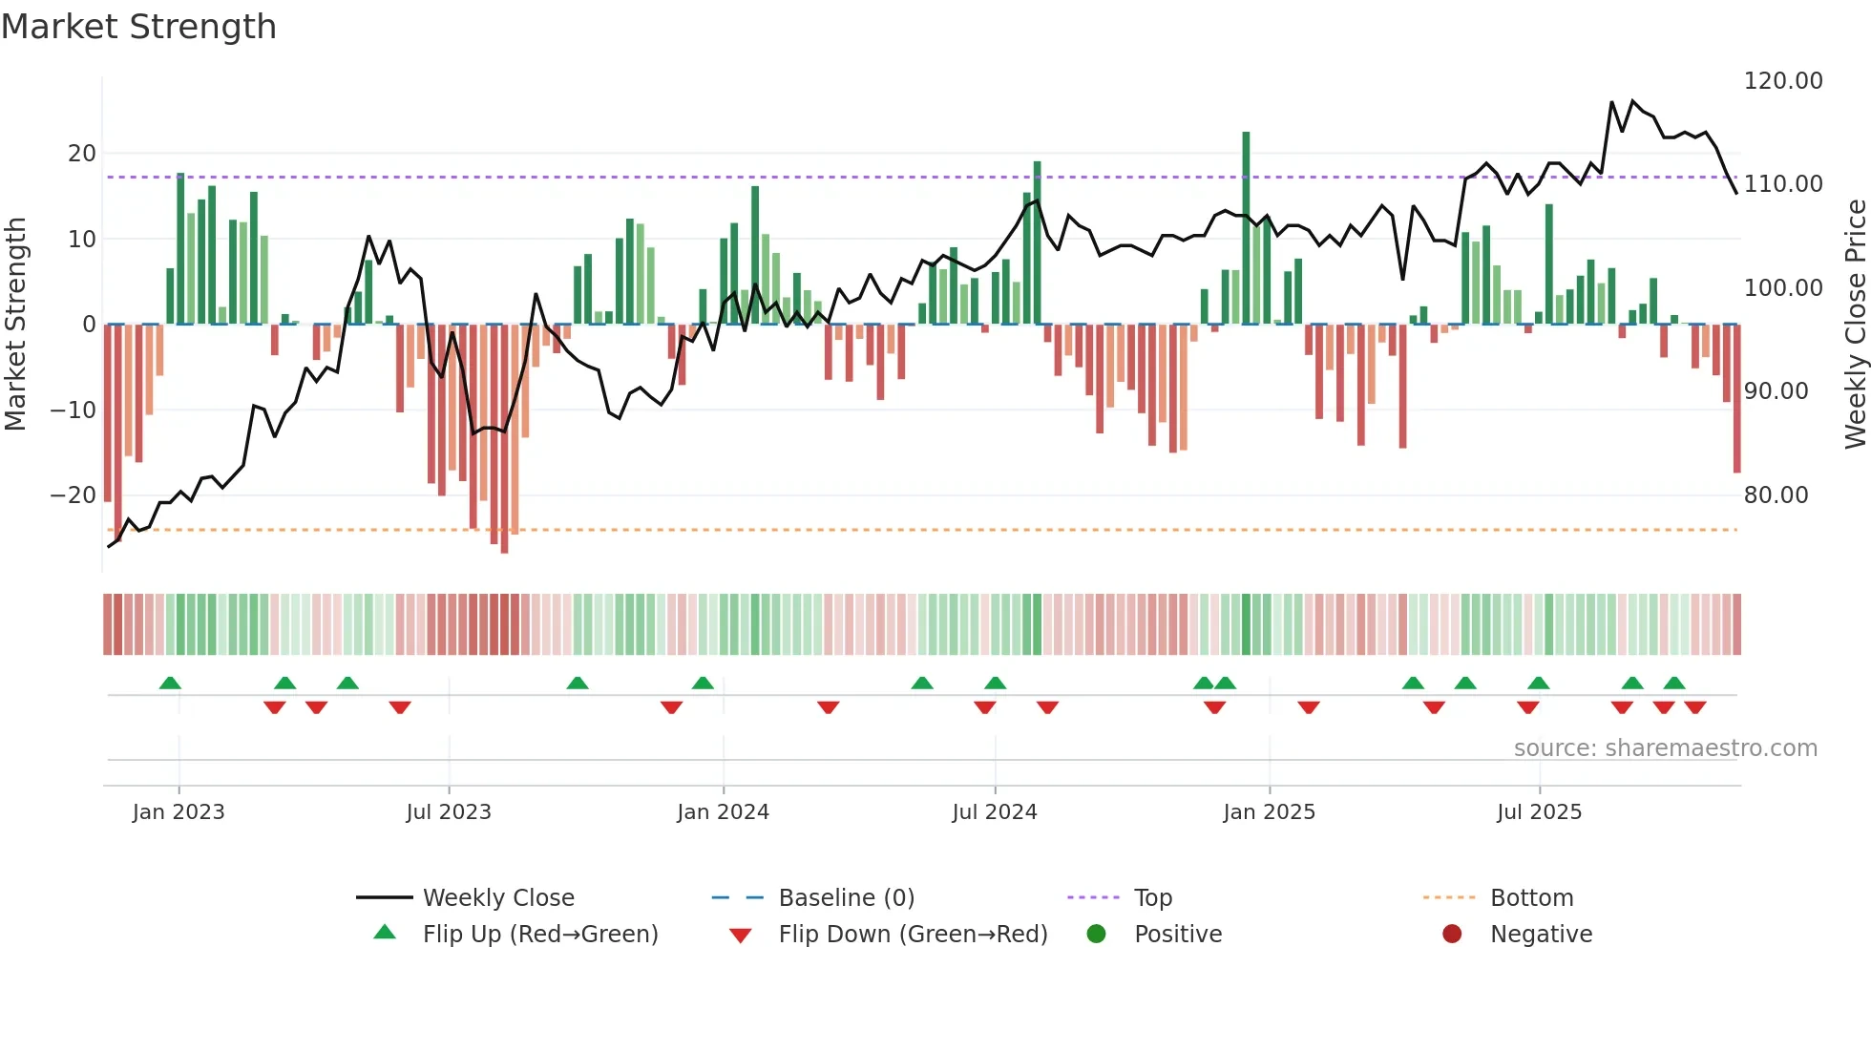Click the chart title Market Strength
(138, 27)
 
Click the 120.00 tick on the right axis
(1782, 81)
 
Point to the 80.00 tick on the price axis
(1776, 494)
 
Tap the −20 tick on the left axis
(74, 494)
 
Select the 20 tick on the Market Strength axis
(82, 153)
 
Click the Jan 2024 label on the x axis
(723, 811)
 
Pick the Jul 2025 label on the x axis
(1539, 811)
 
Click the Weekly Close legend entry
(497, 897)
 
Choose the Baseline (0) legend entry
(846, 897)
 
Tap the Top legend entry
(1152, 897)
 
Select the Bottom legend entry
(1531, 897)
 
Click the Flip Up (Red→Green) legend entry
(539, 934)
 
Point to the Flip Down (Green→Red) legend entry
(912, 934)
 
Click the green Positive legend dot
(1096, 934)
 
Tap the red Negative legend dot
(1452, 934)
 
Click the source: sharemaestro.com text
(1665, 747)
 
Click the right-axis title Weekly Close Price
(1855, 324)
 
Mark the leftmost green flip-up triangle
(170, 683)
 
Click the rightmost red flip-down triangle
(1695, 707)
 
